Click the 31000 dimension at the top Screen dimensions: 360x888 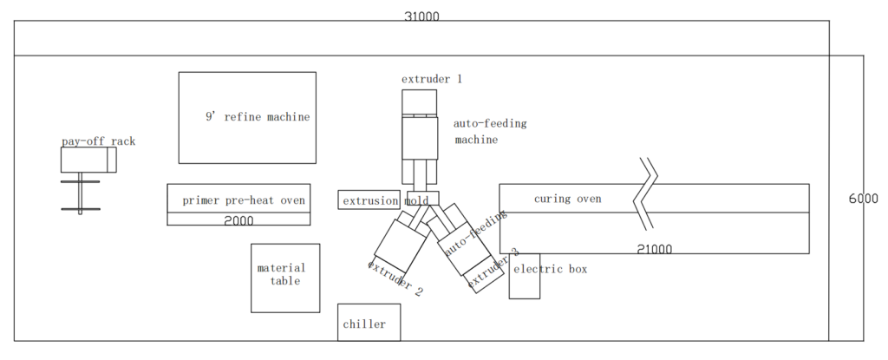(422, 16)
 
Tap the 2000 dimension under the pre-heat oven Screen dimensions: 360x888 (238, 220)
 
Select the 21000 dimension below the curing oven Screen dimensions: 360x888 (654, 249)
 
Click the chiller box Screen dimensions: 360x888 (369, 323)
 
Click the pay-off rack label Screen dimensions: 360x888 (98, 141)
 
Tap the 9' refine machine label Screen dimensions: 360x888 (257, 117)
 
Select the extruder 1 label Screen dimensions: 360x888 (431, 79)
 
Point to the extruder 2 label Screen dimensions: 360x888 (395, 278)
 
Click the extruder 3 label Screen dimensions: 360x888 (493, 269)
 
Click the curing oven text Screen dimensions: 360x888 (567, 199)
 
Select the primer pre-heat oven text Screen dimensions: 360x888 (244, 200)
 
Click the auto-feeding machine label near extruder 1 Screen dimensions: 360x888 (489, 131)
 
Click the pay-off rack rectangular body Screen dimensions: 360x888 (88, 160)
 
